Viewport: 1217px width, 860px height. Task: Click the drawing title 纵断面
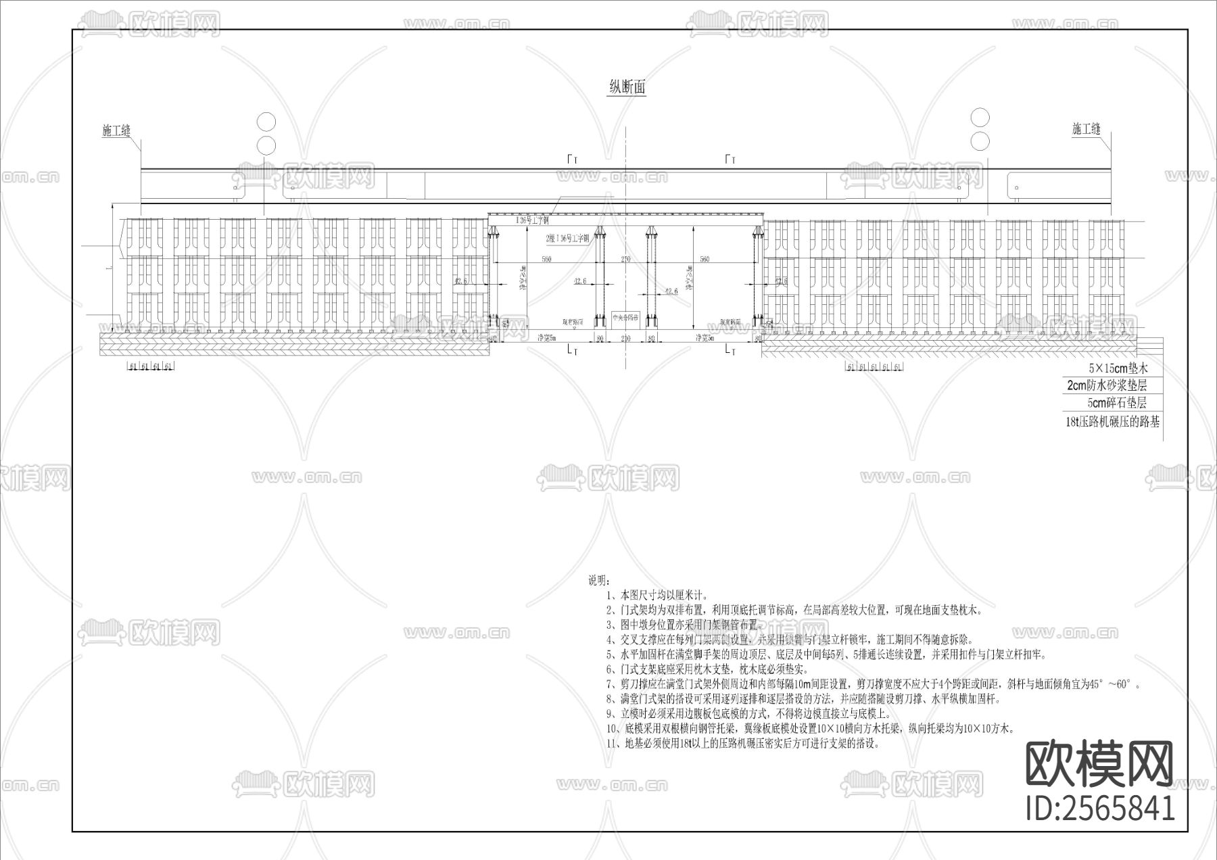(x=627, y=87)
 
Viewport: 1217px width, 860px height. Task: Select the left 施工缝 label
(x=116, y=131)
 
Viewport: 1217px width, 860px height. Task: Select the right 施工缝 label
(x=1086, y=129)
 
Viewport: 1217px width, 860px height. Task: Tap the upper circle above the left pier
(x=266, y=122)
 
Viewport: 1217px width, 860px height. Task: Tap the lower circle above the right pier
(x=980, y=141)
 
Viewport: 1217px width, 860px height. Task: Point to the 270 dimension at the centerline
(x=625, y=260)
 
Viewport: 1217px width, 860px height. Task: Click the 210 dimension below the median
(x=625, y=337)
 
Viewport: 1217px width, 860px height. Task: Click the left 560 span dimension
(x=546, y=260)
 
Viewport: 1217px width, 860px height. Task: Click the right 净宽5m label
(x=706, y=337)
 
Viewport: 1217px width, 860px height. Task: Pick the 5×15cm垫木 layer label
(x=1118, y=368)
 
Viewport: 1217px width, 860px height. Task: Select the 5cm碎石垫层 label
(x=1116, y=402)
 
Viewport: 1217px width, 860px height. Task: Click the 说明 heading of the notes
(x=599, y=580)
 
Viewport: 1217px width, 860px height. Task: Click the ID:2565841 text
(x=1100, y=808)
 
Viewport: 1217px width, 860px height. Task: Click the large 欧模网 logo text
(x=1099, y=764)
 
